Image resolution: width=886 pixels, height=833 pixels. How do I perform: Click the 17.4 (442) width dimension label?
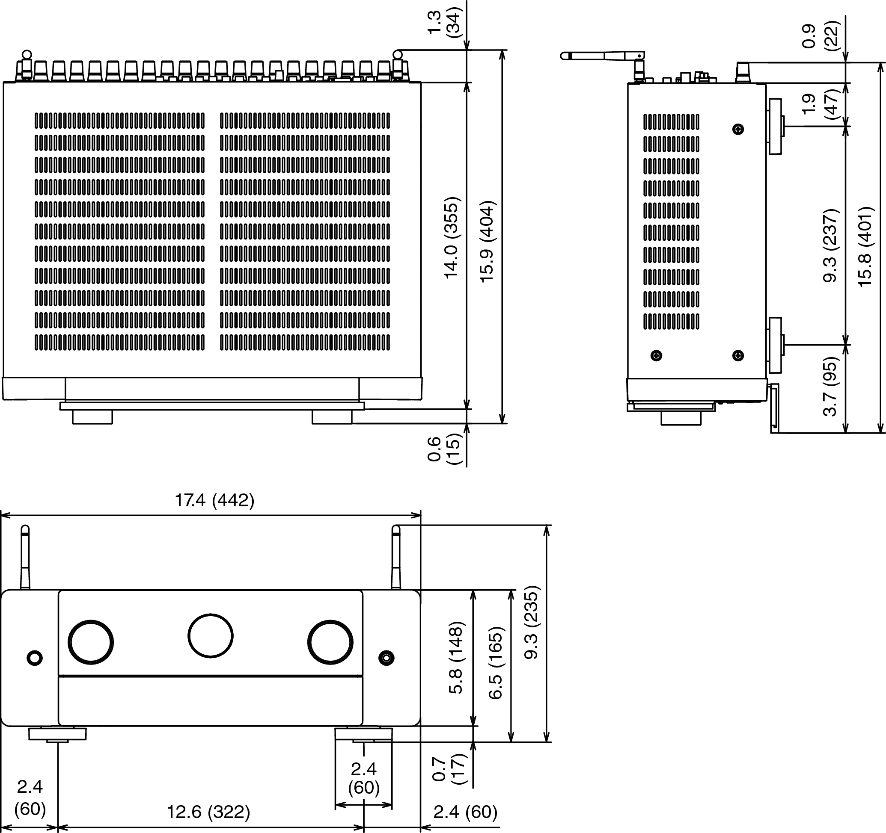(x=214, y=500)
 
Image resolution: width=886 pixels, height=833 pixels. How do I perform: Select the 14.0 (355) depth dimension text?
(x=452, y=238)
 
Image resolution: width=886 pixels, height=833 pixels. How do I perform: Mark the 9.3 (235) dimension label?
(x=532, y=622)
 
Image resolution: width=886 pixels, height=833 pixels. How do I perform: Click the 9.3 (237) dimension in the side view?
(x=831, y=245)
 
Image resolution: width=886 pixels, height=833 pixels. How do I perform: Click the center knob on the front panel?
(x=210, y=635)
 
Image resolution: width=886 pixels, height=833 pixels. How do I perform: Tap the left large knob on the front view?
(x=90, y=641)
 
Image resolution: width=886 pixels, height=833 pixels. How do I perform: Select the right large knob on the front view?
(x=330, y=641)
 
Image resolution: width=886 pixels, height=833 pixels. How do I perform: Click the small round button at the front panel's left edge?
(x=35, y=658)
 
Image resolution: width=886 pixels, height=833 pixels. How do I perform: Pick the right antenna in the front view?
(x=396, y=558)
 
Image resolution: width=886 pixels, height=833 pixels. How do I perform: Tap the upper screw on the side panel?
(x=738, y=129)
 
